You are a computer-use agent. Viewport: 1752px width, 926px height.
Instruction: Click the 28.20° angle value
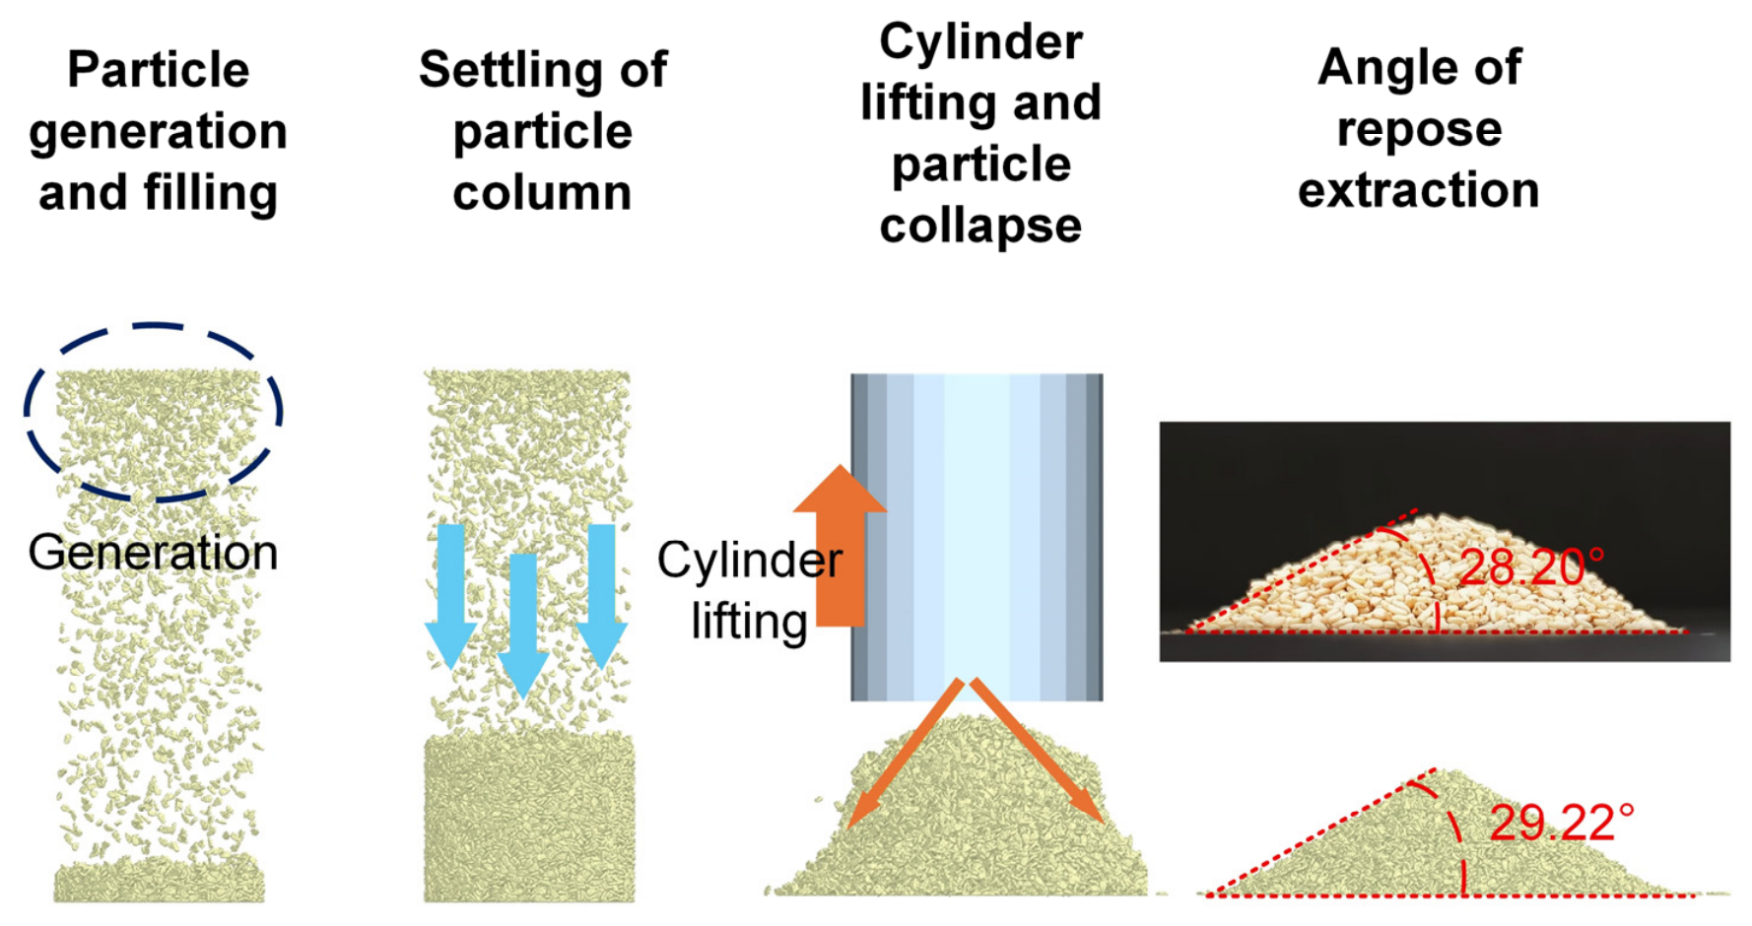tap(1531, 567)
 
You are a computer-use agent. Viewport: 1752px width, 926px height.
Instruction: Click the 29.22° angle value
tap(1562, 823)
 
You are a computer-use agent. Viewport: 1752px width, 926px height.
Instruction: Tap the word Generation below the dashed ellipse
tap(153, 552)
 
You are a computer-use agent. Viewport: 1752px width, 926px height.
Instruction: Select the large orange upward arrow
tap(840, 545)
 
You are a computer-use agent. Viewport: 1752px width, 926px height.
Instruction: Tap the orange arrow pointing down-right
tap(1038, 751)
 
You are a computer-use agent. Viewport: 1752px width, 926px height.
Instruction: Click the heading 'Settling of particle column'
tap(543, 131)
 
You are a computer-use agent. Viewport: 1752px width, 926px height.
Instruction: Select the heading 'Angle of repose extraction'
tap(1419, 128)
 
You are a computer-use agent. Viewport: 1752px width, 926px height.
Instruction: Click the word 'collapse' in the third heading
tap(980, 226)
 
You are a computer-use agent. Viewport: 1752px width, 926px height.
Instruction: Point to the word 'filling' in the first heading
tap(211, 192)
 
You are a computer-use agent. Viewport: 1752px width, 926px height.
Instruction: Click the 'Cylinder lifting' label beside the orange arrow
tap(749, 589)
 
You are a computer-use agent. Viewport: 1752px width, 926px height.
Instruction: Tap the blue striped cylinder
tap(977, 537)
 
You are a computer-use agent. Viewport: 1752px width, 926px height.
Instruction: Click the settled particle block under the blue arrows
tap(529, 817)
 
